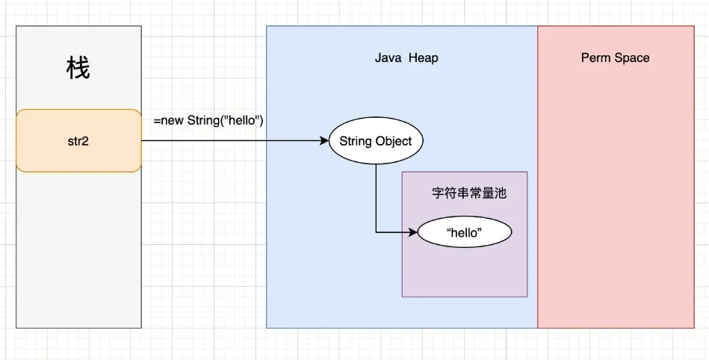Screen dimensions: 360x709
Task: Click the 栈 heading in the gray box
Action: tap(78, 69)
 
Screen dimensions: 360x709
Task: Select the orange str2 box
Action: tap(78, 140)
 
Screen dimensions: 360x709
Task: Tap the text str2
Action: tap(78, 140)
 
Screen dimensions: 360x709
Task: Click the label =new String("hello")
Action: tap(208, 120)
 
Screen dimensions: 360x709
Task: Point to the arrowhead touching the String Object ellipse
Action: tap(324, 140)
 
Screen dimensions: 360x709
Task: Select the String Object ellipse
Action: tap(375, 140)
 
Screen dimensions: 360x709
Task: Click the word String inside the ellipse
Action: tap(356, 140)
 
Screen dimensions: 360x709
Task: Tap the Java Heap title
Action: tap(406, 58)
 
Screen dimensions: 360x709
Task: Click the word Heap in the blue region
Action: tap(423, 58)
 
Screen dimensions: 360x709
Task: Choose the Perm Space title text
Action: tap(615, 58)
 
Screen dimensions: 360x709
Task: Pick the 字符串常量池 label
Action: tap(469, 193)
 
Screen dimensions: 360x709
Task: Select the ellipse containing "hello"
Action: tap(465, 233)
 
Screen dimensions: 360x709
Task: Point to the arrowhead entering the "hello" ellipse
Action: tap(413, 232)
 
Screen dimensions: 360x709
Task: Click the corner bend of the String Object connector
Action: tap(376, 232)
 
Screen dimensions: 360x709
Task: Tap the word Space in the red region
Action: tap(632, 58)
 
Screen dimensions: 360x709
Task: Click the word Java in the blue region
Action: tap(388, 58)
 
